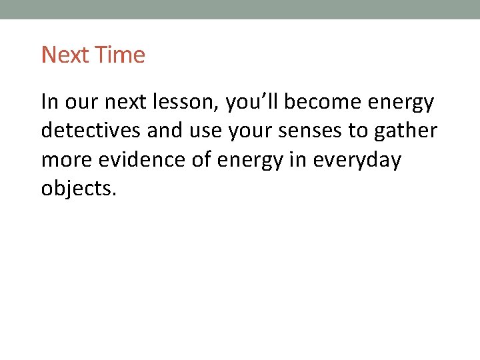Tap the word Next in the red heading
[65, 55]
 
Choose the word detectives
[91, 131]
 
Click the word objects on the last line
[79, 189]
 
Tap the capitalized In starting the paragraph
[49, 103]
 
